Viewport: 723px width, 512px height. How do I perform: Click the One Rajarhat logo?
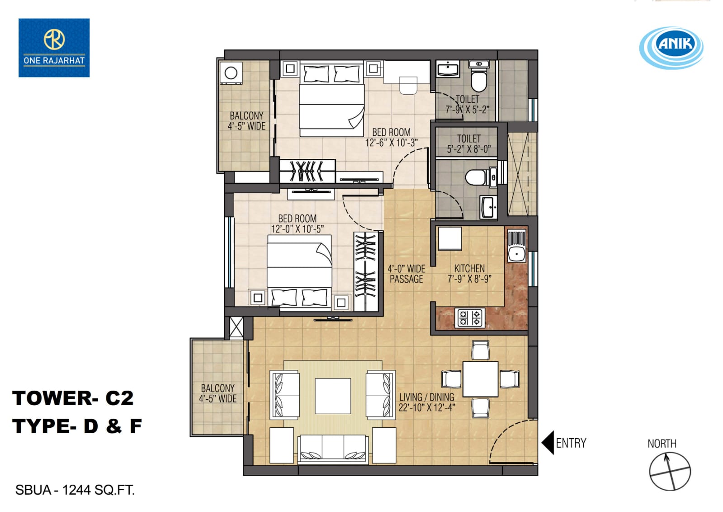54,48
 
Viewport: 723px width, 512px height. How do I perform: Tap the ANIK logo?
671,48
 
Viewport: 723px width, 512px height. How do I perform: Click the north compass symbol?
670,471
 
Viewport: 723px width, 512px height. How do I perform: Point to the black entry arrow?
548,442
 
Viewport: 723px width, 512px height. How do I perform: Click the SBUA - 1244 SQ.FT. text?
75,490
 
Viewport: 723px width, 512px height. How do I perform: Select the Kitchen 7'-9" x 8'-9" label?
469,273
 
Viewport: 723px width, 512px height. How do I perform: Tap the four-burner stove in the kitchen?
470,318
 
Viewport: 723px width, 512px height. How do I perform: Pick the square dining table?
480,379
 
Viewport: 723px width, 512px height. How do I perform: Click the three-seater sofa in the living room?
333,449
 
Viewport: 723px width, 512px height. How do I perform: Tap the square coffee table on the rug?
333,396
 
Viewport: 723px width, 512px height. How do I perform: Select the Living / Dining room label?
427,402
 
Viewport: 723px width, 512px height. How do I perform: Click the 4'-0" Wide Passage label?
406,274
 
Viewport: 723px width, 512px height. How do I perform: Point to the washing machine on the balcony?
231,73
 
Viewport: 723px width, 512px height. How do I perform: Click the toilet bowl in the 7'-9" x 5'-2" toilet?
479,77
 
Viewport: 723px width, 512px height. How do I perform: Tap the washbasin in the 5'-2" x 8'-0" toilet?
488,207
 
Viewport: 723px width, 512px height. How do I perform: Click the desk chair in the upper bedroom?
408,85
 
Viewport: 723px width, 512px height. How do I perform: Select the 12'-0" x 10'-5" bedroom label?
297,224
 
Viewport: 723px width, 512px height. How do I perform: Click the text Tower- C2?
73,398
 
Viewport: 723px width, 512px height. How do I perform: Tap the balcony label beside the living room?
218,393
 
